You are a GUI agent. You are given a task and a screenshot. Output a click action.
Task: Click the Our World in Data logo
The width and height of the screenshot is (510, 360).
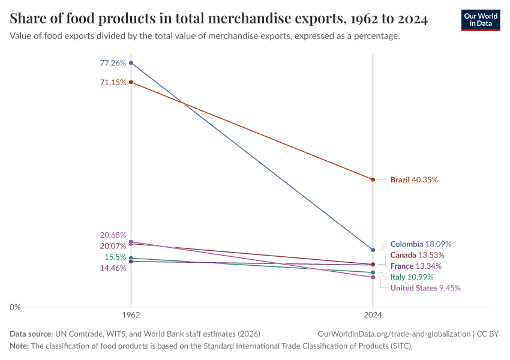(x=481, y=20)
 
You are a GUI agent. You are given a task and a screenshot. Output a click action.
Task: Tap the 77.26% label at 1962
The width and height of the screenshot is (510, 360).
(x=113, y=63)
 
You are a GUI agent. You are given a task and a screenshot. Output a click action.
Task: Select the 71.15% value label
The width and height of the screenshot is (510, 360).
(x=113, y=82)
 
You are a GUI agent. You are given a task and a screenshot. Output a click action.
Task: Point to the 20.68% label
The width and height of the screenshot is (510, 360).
(x=113, y=235)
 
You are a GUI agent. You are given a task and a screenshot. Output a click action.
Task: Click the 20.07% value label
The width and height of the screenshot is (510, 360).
(x=113, y=246)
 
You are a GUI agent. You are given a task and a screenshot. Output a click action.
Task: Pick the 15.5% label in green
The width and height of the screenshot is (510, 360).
(x=115, y=257)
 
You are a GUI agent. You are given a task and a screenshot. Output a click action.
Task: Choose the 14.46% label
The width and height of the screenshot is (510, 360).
(x=113, y=268)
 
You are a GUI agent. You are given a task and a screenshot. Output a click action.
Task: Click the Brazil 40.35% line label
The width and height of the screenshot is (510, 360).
(x=414, y=179)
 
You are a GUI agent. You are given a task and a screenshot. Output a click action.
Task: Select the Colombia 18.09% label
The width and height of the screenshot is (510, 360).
(x=421, y=244)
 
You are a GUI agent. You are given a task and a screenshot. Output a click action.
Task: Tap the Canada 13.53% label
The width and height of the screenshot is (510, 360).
(x=417, y=255)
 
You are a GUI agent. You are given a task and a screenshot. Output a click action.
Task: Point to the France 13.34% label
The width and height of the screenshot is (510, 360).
(x=416, y=266)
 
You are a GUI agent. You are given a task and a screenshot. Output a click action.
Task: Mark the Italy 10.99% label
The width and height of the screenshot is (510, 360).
(x=412, y=277)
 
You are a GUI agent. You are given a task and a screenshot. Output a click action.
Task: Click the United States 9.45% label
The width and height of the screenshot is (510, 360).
(x=425, y=288)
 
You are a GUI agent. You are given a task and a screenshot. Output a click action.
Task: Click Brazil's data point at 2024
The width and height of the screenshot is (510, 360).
(x=373, y=179)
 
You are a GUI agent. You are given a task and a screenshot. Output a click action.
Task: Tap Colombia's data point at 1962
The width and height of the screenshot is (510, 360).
(x=131, y=63)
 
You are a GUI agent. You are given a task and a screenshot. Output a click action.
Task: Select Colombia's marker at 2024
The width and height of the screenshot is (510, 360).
(x=373, y=250)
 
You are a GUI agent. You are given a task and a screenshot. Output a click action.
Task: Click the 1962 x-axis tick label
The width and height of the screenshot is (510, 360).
(x=131, y=314)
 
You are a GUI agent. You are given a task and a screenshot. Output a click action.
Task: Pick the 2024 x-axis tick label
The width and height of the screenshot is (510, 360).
(x=373, y=314)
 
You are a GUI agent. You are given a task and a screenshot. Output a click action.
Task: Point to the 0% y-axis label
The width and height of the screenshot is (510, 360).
(x=14, y=307)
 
